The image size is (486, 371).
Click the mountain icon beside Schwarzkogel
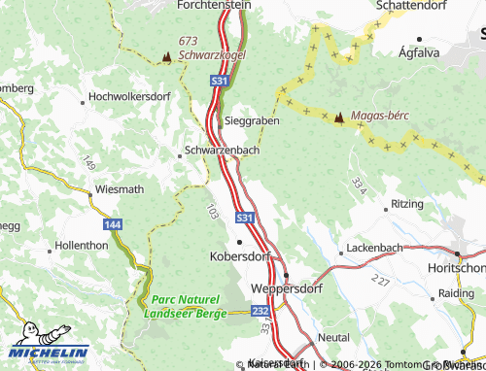click(166, 57)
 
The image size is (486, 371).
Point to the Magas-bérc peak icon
click(338, 118)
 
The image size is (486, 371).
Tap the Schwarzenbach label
click(221, 152)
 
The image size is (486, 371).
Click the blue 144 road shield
click(113, 223)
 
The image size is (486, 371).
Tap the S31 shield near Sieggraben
click(219, 84)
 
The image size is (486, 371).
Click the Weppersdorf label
click(285, 290)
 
